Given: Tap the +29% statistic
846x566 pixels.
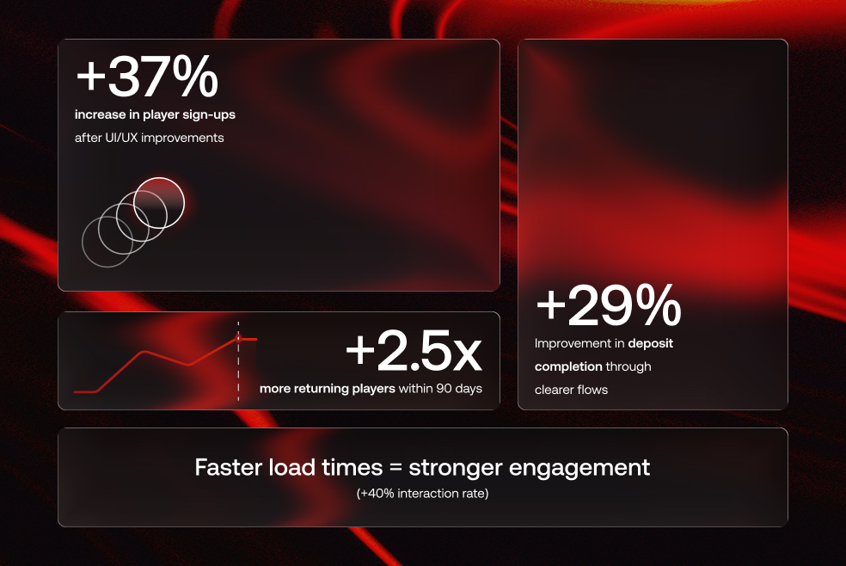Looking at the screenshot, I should click(x=608, y=306).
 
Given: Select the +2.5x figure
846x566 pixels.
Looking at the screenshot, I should click(x=414, y=350).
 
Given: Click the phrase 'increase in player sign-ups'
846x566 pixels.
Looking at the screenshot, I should click(x=155, y=114).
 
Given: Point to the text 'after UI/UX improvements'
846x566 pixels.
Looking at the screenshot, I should click(x=149, y=138).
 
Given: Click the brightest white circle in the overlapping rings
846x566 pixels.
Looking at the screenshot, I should click(x=159, y=202).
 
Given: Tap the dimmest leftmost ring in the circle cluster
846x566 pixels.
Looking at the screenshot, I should click(x=107, y=241).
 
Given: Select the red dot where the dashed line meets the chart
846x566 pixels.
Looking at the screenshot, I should click(x=238, y=339).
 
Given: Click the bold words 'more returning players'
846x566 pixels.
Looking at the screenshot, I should click(x=328, y=389).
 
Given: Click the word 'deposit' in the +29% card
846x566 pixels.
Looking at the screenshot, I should click(x=651, y=343).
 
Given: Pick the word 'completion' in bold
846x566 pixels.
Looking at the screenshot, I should click(x=567, y=366).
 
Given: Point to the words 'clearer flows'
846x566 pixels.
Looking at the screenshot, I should click(x=571, y=390).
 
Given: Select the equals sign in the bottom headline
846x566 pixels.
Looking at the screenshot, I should click(x=394, y=469).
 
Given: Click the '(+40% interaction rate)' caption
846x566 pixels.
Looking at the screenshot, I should click(x=422, y=494).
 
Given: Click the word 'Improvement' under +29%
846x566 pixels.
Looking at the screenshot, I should click(x=578, y=343).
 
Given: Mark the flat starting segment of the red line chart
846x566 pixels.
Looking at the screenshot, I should click(x=85, y=391).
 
